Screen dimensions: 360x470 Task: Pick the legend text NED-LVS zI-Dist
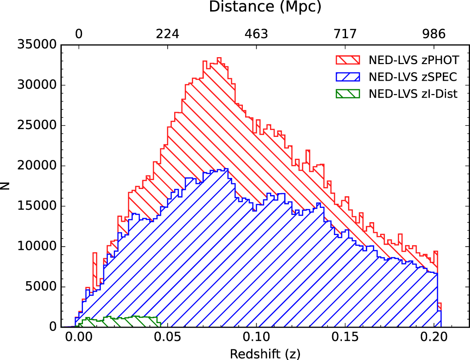point(413,94)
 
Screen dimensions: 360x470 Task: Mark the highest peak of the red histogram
point(219,58)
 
